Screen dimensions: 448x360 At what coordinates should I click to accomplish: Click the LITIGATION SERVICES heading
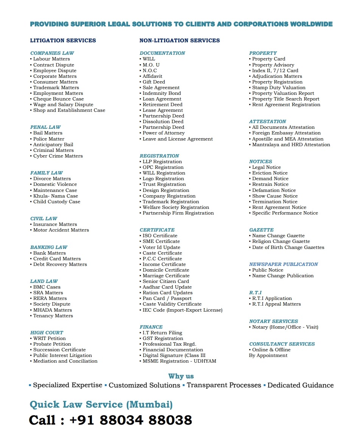coord(63,40)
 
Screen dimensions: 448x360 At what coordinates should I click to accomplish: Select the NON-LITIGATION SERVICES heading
coord(179,40)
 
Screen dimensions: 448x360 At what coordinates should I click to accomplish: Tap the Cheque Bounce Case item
coord(58,99)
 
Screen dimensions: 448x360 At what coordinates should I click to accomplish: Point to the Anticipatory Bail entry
coord(53,145)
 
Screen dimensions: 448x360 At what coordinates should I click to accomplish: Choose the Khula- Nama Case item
coord(56,196)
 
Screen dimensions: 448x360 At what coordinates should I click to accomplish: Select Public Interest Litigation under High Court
coord(62,355)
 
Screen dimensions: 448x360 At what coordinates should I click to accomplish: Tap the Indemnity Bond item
coord(161,93)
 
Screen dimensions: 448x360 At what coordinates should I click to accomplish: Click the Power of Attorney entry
coord(163,133)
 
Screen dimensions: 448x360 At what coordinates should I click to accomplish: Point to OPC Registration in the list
coord(163,167)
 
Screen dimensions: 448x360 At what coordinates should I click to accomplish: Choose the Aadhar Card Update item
coord(167,287)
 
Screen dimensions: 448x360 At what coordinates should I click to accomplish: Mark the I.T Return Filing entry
coord(162,333)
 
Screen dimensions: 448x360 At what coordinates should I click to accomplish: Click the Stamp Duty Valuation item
coord(279,88)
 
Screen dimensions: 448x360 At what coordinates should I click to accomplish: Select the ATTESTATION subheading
coord(267,122)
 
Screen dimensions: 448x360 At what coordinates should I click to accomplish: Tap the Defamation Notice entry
coord(274,190)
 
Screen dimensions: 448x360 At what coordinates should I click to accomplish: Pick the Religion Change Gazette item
coord(281,241)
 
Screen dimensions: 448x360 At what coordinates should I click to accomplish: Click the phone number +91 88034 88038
coord(130,420)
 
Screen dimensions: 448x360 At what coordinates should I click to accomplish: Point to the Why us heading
coord(181,376)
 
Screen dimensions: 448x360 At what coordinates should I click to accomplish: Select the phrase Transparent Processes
coord(223,385)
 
